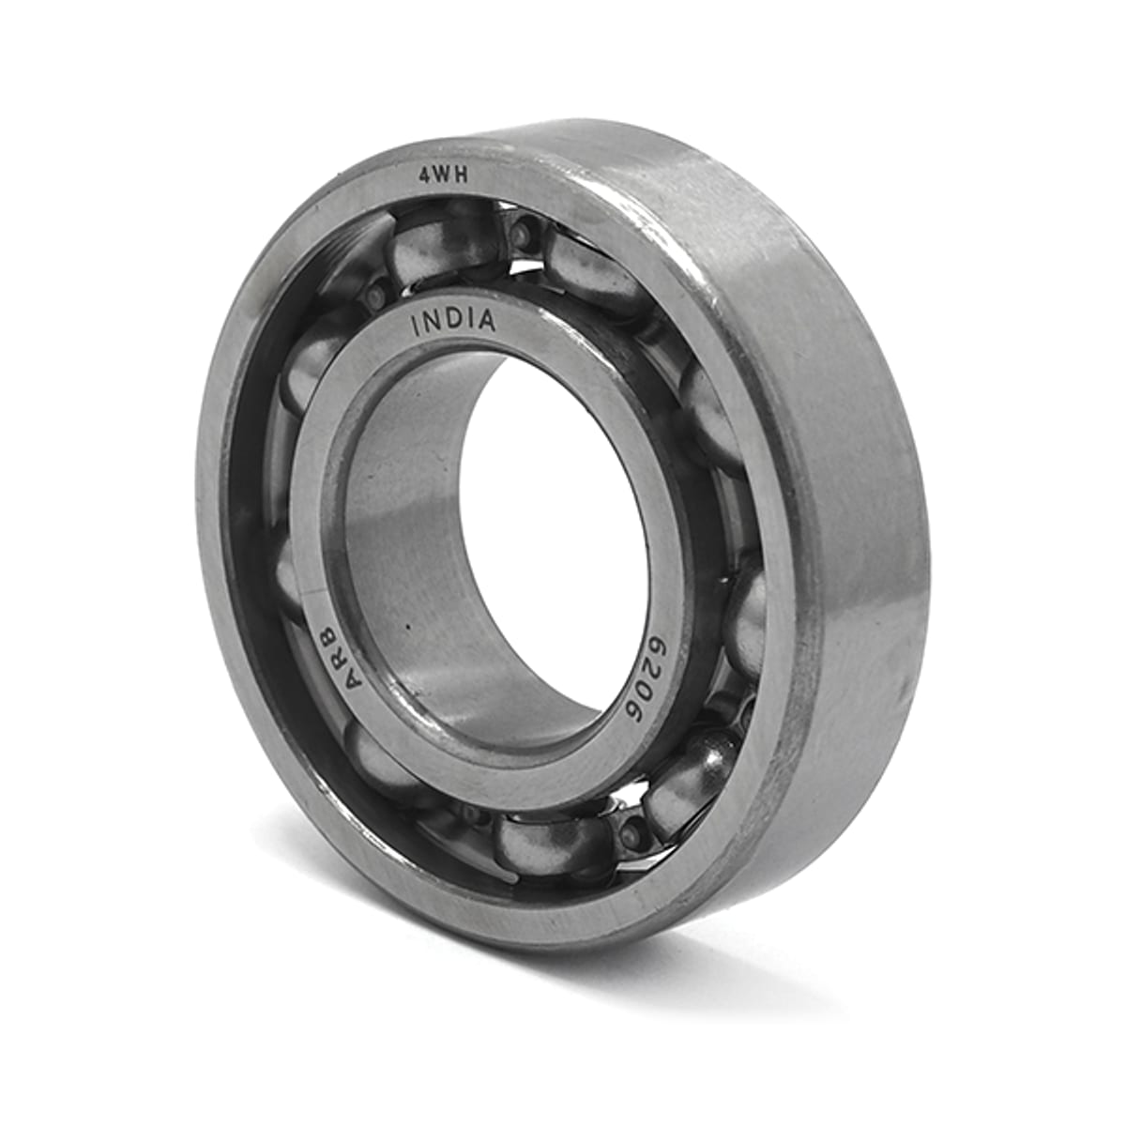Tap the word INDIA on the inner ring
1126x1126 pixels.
pyautogui.click(x=453, y=323)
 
